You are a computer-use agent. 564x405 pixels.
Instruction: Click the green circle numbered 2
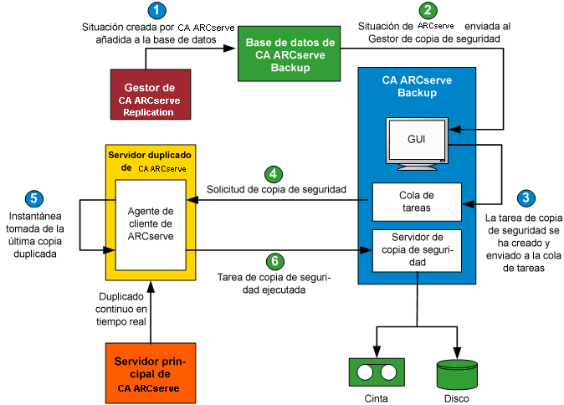[428, 11]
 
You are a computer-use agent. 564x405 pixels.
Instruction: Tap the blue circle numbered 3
[525, 198]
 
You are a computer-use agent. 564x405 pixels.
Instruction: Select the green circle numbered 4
[273, 174]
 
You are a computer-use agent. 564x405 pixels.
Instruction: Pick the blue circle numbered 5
[33, 198]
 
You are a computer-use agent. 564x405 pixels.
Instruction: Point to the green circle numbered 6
[273, 260]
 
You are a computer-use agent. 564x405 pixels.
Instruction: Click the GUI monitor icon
[416, 141]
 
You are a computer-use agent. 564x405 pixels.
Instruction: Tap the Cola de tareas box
[416, 201]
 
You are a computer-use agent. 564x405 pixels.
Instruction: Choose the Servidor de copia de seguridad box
[416, 249]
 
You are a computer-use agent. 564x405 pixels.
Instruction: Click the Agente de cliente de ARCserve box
[151, 223]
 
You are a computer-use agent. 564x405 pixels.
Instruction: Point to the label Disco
[457, 398]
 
